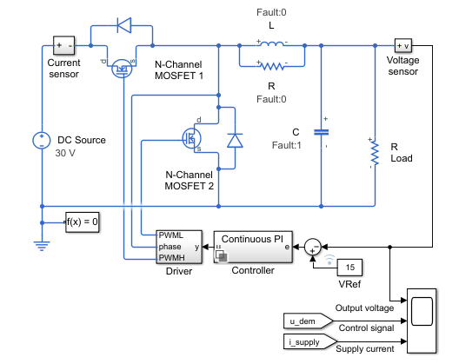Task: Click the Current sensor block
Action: point(63,45)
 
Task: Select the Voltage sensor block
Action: point(403,45)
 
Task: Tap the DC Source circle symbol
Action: point(42,140)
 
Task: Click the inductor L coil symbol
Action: point(272,44)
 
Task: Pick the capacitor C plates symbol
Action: point(321,133)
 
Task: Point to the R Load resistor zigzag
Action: point(375,154)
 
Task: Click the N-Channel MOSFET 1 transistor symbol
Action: point(122,69)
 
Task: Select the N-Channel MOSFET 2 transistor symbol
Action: point(192,138)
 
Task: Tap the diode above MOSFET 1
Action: point(123,25)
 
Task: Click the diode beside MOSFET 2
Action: point(235,141)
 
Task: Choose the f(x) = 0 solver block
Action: point(83,222)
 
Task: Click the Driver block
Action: point(179,247)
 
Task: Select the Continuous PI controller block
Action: point(253,247)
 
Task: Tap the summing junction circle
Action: point(313,247)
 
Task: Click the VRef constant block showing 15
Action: point(349,268)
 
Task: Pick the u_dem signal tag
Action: point(309,321)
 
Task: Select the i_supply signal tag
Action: point(310,341)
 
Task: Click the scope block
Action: point(422,321)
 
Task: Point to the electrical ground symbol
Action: point(42,246)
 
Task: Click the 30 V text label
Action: point(65,153)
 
